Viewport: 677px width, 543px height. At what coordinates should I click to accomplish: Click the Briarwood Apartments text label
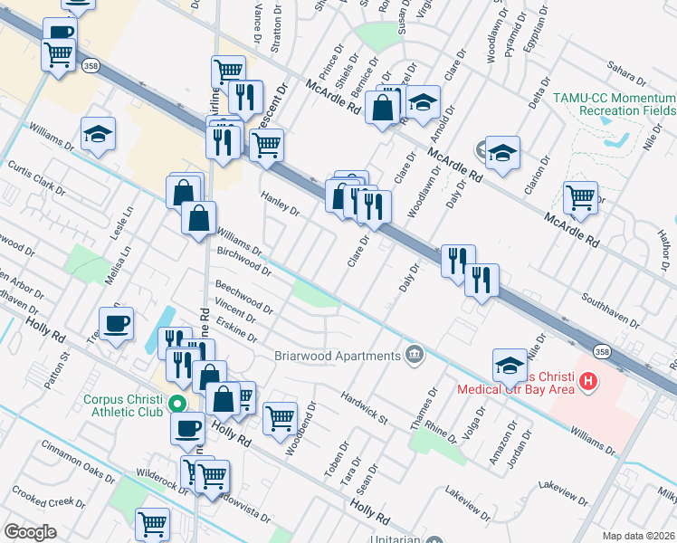click(337, 356)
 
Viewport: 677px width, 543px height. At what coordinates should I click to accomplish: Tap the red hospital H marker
click(588, 382)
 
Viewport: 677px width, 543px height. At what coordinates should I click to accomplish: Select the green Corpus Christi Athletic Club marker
click(178, 404)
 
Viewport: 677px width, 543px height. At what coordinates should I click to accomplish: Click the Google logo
click(30, 532)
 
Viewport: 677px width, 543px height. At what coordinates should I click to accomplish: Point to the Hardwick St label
click(364, 408)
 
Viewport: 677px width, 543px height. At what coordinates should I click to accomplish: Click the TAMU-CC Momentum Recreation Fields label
click(614, 103)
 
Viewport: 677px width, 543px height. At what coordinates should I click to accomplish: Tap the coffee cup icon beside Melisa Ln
click(116, 323)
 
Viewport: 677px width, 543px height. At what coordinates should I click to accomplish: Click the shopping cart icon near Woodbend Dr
click(281, 417)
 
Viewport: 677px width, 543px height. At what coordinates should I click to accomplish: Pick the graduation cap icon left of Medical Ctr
click(510, 364)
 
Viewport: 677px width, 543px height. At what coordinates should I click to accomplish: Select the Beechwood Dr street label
click(243, 296)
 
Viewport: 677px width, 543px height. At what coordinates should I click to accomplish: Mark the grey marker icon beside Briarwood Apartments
click(414, 354)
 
